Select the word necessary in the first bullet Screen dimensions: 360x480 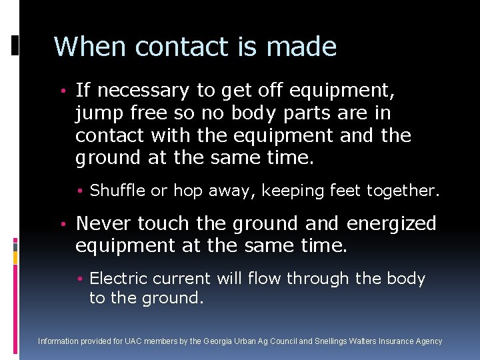coord(143,91)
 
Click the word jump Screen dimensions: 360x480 coord(99,113)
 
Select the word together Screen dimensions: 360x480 coord(402,191)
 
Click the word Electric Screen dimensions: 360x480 coord(117,279)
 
